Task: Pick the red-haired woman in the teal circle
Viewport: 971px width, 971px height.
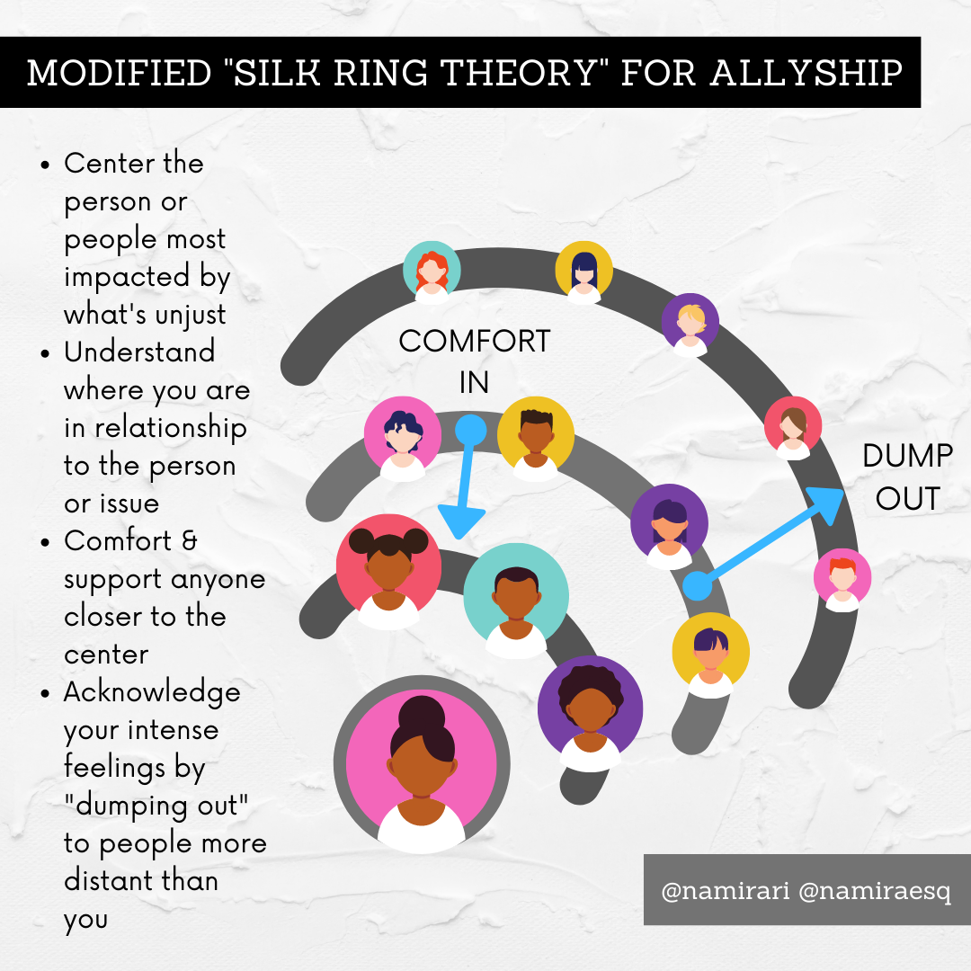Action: (432, 269)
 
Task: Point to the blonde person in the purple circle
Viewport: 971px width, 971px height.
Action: (690, 323)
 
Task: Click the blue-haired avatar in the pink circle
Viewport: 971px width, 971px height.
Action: (403, 435)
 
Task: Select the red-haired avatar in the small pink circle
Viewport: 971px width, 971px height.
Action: (842, 577)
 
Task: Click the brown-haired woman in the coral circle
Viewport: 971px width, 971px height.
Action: (793, 425)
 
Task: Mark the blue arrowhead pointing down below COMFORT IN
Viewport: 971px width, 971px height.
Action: (462, 521)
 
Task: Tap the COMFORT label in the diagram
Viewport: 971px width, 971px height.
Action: (475, 343)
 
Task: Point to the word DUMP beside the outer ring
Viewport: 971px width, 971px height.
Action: (907, 457)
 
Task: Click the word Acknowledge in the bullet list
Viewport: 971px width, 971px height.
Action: (152, 692)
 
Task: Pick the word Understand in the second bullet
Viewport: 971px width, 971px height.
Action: (139, 352)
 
